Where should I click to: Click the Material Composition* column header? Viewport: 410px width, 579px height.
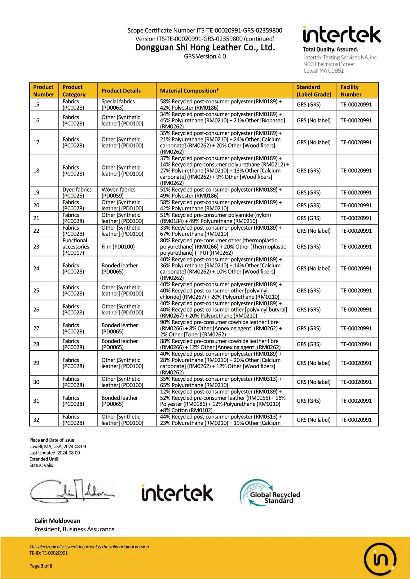[x=189, y=91]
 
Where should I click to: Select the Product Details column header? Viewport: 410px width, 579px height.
[x=121, y=91]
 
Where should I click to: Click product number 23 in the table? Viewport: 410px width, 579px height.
[x=36, y=247]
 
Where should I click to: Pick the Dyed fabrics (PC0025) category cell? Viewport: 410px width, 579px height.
[x=77, y=192]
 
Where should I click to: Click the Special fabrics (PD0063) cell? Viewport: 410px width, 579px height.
[x=118, y=105]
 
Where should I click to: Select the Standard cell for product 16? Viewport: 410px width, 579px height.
[x=313, y=120]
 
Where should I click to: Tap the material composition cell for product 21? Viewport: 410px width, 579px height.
[x=215, y=218]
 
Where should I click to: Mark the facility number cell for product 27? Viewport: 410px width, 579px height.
[x=356, y=328]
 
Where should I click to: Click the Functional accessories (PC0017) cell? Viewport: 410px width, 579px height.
[x=76, y=247]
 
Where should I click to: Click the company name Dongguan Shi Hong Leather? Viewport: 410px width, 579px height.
[x=205, y=47]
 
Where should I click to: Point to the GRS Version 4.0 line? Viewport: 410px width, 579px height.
[x=205, y=56]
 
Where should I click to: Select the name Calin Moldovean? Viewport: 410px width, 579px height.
[x=57, y=521]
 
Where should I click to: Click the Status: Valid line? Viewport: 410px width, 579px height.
[x=41, y=465]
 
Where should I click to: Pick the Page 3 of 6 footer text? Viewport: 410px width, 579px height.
[x=41, y=566]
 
